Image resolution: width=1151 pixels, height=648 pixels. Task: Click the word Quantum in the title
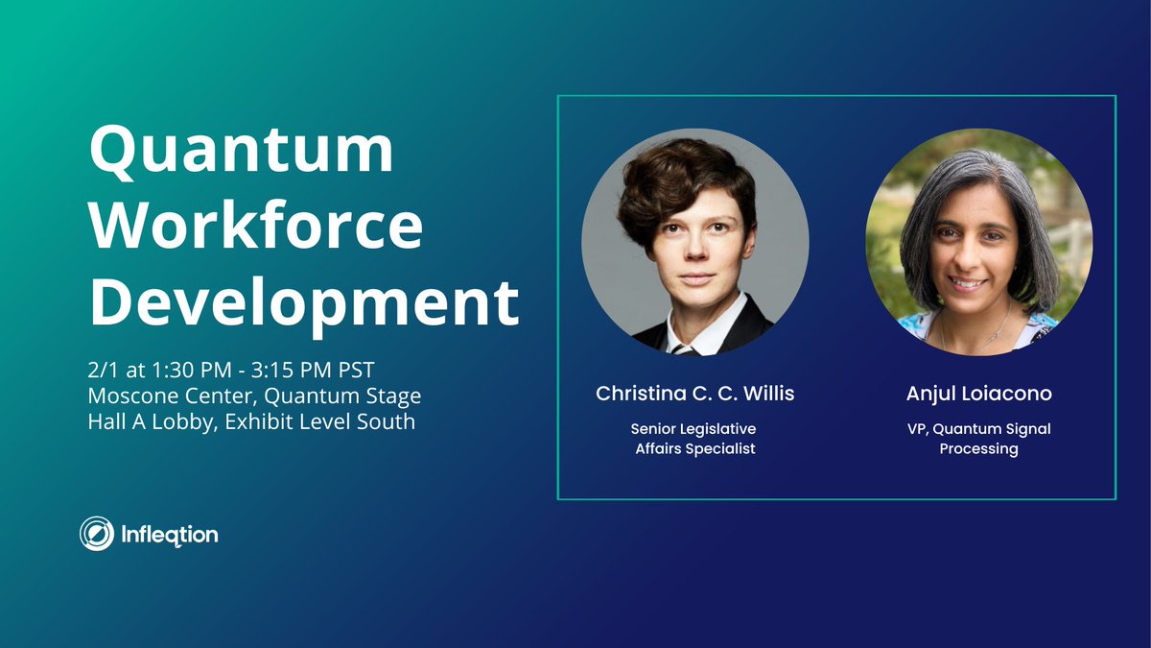(241, 152)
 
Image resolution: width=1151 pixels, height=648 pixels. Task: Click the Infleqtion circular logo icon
(97, 533)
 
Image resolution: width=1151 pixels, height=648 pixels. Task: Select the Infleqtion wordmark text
(170, 533)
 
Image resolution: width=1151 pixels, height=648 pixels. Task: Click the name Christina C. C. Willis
(694, 394)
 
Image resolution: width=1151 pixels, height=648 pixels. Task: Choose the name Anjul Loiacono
(978, 394)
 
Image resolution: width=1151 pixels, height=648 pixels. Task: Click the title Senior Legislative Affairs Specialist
(694, 439)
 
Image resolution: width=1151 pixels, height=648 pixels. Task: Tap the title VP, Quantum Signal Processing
(978, 439)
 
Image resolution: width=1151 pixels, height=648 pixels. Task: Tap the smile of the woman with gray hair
(968, 284)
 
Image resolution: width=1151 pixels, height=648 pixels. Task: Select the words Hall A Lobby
(144, 420)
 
